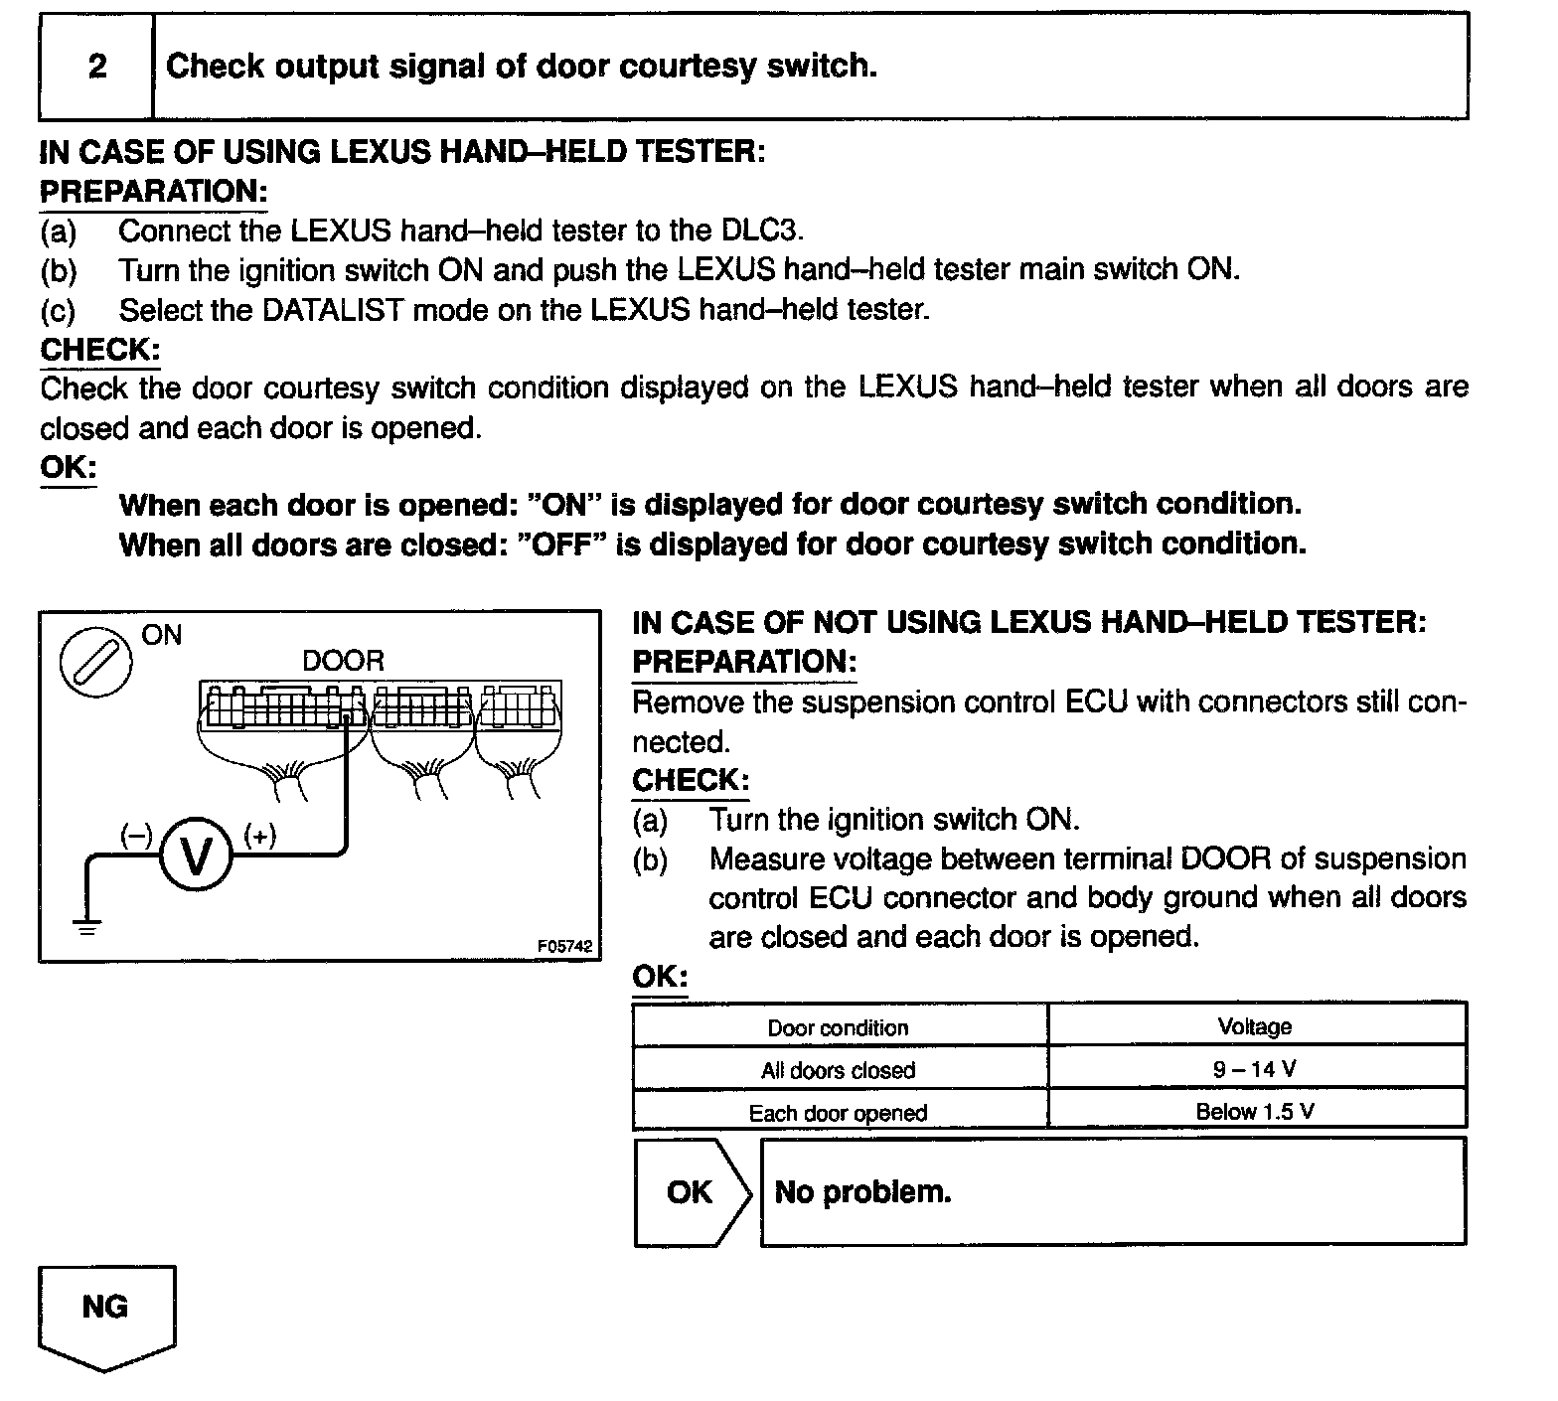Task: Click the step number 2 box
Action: tap(96, 67)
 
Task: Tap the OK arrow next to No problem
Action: tap(691, 1191)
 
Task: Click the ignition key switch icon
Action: tap(95, 663)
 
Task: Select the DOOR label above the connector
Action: tap(343, 661)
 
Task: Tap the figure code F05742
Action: tap(564, 947)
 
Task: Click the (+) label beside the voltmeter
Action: tap(259, 836)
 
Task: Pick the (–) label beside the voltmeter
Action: tap(135, 836)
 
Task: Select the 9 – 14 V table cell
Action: tap(1255, 1069)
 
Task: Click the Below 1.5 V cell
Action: tap(1255, 1112)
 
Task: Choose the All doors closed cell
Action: tap(838, 1070)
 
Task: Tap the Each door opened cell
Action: tap(838, 1113)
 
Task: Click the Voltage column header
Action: tap(1255, 1026)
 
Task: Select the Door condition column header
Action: tap(838, 1027)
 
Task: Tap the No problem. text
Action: tap(862, 1191)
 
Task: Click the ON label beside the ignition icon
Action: tap(162, 634)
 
